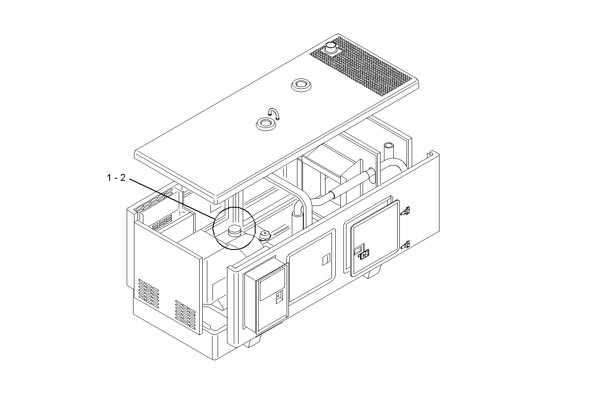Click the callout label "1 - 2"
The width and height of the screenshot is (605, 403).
[x=116, y=178]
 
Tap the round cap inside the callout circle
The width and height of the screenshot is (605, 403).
[x=235, y=231]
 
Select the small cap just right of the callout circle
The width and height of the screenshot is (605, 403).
[x=265, y=235]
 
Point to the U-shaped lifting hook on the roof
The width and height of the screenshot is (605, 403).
[x=273, y=113]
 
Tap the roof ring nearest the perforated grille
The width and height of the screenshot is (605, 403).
[x=301, y=84]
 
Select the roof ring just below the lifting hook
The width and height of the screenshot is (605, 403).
[x=266, y=125]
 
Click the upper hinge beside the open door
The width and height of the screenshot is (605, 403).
[x=407, y=210]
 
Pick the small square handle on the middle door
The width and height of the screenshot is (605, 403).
[x=326, y=258]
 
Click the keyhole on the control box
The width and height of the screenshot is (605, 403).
[x=279, y=296]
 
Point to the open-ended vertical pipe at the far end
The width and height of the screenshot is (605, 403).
[x=389, y=151]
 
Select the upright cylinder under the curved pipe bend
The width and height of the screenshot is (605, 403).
[x=297, y=220]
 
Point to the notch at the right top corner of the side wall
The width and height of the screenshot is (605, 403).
[x=432, y=154]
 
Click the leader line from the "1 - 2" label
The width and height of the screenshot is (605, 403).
[x=171, y=198]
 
